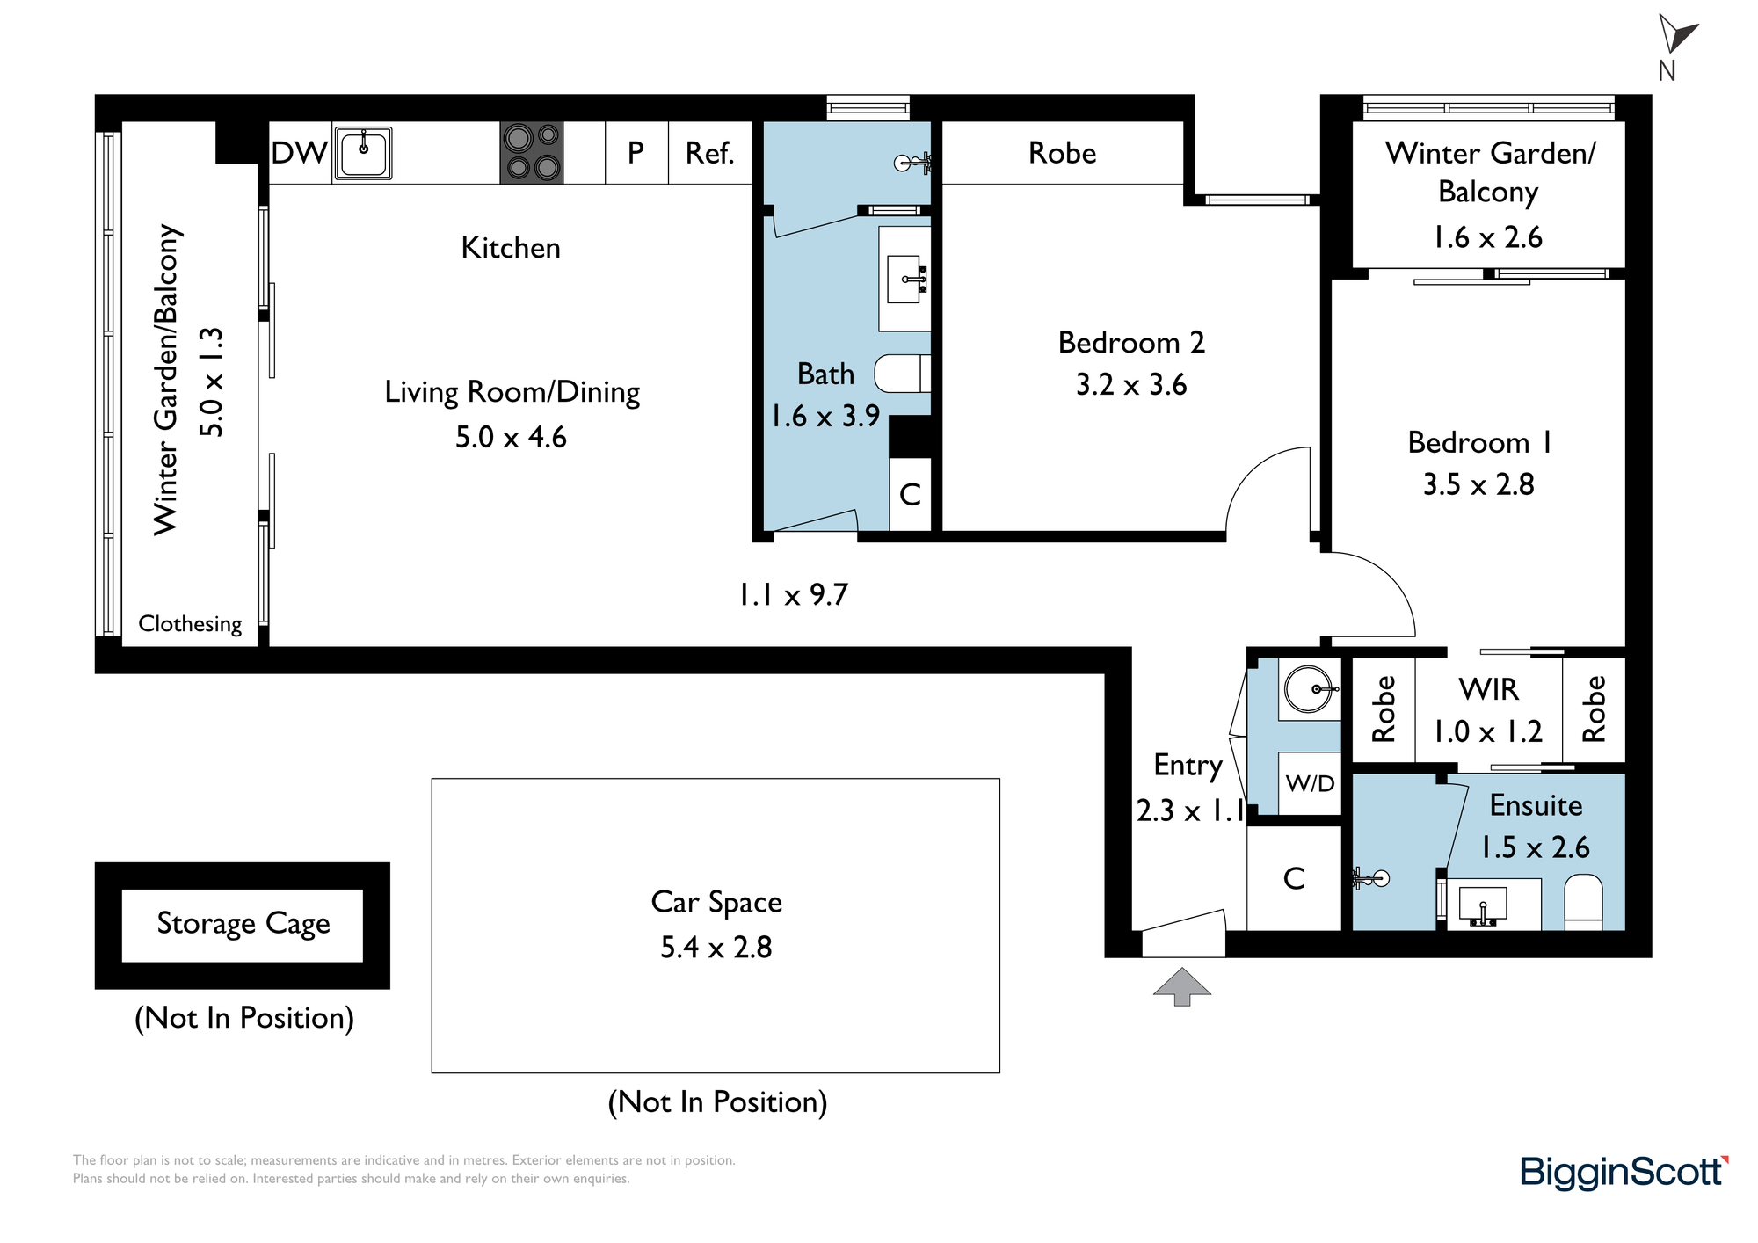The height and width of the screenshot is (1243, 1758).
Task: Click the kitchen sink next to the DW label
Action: click(362, 153)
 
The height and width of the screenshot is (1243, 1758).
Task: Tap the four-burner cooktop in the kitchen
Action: click(532, 153)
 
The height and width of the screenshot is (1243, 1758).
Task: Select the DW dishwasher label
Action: click(299, 153)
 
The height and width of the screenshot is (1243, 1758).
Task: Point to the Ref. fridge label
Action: click(709, 153)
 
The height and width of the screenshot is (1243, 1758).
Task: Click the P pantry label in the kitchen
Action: click(636, 153)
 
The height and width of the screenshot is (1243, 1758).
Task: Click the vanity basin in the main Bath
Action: click(906, 279)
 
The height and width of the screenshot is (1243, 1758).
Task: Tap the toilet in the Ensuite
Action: click(1584, 901)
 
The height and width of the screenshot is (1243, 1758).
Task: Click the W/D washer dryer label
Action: click(1310, 783)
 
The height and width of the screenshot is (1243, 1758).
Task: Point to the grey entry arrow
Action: click(1182, 986)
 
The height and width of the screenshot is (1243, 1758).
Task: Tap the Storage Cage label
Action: click(243, 924)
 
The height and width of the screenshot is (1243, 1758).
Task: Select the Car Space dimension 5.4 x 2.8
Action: click(716, 947)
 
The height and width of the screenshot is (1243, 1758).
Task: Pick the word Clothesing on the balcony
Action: click(190, 623)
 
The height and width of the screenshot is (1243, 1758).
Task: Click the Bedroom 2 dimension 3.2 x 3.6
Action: click(1131, 384)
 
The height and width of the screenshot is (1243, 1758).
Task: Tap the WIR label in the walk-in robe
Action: click(1489, 689)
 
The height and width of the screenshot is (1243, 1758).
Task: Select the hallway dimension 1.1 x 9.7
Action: click(793, 595)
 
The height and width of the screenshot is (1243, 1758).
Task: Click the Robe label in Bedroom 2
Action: click(1063, 153)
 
